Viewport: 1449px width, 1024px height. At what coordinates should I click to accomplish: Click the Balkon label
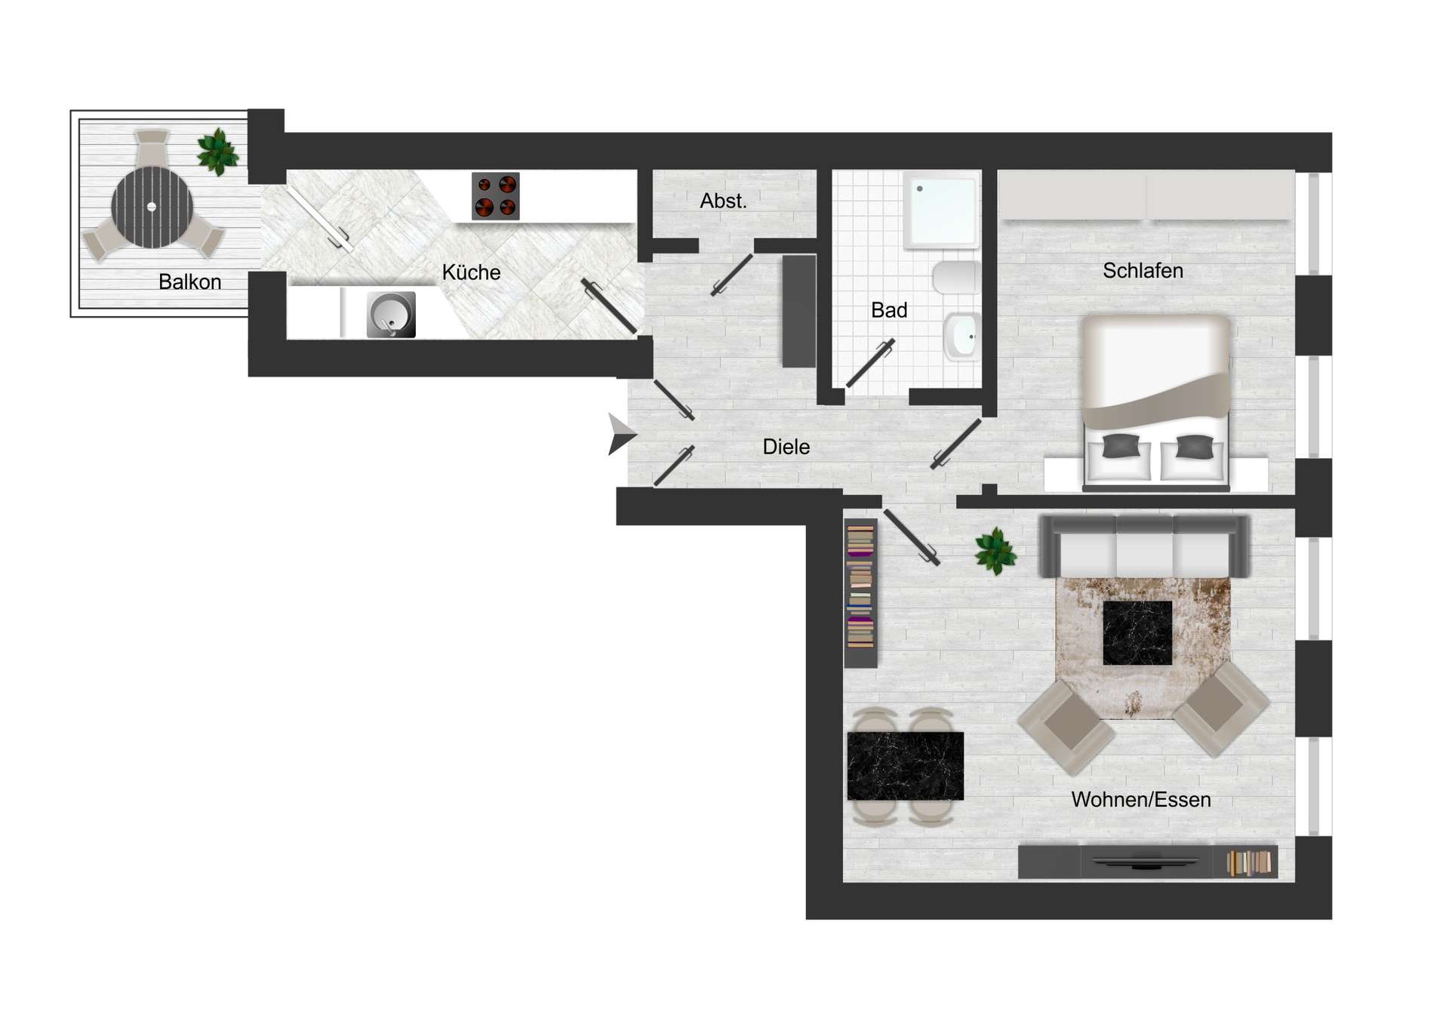[189, 282]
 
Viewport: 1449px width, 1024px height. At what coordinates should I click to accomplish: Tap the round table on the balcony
[152, 207]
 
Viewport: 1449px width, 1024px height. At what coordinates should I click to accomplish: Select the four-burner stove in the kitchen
[495, 196]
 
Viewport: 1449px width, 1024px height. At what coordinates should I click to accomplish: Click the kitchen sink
[391, 315]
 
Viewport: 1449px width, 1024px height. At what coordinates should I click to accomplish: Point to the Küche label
[471, 272]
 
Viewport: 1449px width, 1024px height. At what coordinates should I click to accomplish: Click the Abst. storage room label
[723, 201]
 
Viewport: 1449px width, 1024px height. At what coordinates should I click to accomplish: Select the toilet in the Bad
[955, 278]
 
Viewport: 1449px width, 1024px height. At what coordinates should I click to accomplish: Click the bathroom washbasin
[962, 337]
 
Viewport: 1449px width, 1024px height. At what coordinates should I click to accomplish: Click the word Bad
[888, 310]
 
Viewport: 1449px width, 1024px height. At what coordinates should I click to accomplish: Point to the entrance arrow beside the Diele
[621, 435]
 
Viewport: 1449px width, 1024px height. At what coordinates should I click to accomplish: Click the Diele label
[786, 447]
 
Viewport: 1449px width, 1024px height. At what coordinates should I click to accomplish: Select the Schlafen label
[1142, 271]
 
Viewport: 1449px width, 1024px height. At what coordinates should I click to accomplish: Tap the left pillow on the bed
[1121, 447]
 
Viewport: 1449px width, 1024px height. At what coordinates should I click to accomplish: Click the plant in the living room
[995, 551]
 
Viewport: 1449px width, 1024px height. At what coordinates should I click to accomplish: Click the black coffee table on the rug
[1137, 632]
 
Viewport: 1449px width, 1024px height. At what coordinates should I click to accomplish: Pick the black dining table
[905, 765]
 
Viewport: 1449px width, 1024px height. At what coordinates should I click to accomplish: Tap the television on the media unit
[1144, 862]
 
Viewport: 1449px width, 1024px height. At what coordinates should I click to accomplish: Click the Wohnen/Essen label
[1140, 800]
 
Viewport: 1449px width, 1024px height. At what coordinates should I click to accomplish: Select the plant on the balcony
[217, 151]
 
